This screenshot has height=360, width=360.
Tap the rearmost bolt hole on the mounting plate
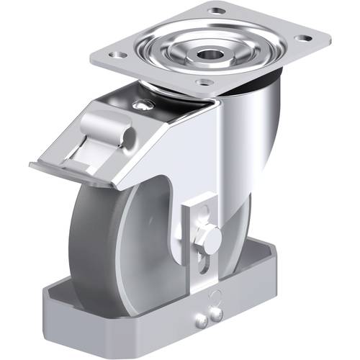[x=215, y=12]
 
